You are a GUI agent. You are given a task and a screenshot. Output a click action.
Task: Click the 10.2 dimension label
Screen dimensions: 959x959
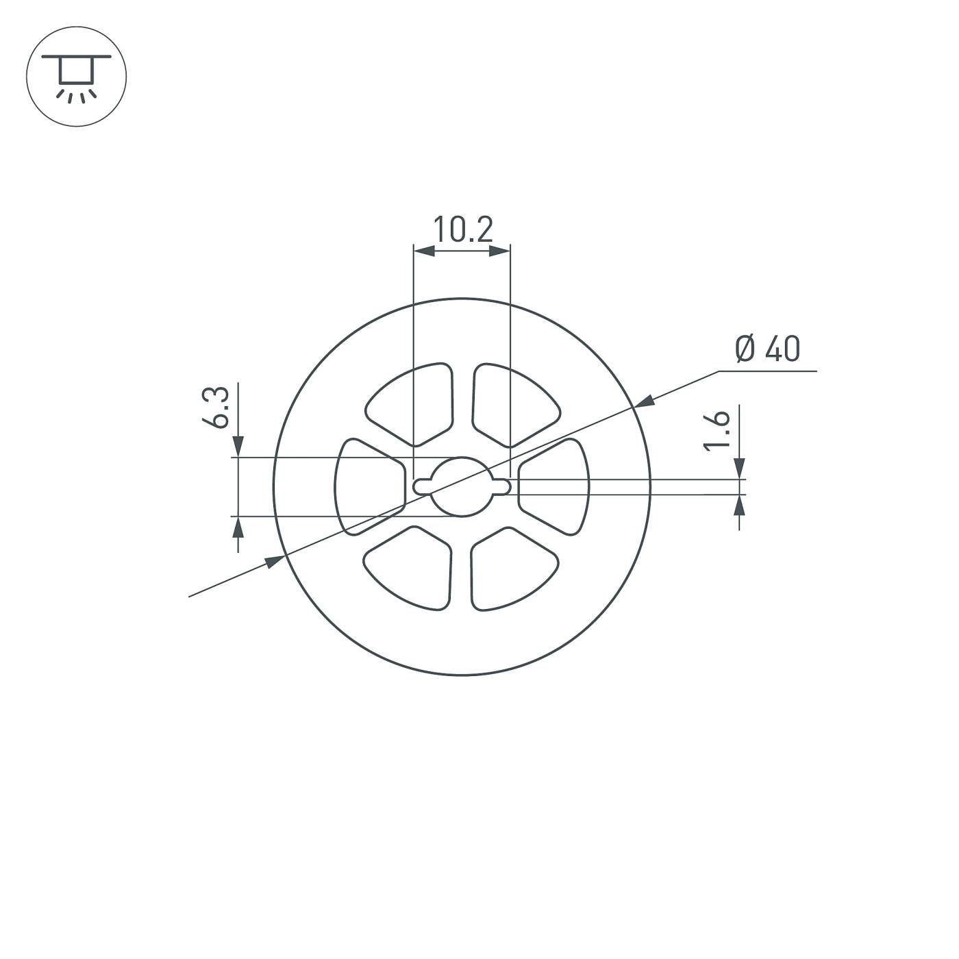click(462, 229)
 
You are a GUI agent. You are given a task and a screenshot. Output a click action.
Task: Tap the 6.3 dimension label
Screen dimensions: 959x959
click(217, 407)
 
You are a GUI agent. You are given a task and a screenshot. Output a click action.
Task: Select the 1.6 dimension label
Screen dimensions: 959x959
click(717, 431)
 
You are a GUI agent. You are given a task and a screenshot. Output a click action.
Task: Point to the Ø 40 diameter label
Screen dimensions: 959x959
click(767, 349)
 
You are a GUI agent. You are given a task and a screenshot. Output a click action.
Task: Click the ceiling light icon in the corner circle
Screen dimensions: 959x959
click(76, 76)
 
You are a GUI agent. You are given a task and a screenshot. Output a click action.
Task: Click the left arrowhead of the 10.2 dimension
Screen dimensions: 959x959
click(424, 251)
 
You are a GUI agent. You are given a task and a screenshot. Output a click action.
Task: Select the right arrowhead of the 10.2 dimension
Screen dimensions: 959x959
click(501, 251)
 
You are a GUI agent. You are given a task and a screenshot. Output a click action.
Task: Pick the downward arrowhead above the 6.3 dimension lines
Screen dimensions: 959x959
click(238, 447)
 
